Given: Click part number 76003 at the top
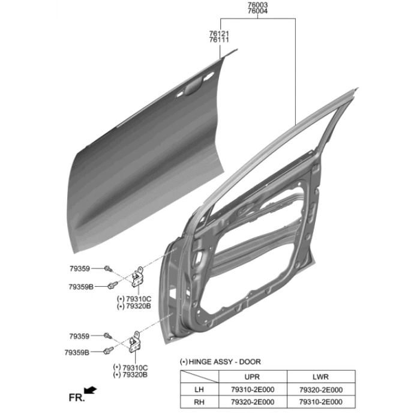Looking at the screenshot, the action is (x=257, y=5).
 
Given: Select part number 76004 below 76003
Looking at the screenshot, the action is (x=257, y=11).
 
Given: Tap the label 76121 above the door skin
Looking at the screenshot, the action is (x=219, y=34).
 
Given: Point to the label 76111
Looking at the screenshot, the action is (x=219, y=40).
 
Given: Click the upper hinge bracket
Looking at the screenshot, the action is (x=137, y=277).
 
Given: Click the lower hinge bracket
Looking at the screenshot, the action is (x=135, y=342).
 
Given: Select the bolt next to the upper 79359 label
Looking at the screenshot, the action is (x=108, y=268).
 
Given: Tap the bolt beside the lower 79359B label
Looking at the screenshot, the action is (x=108, y=350).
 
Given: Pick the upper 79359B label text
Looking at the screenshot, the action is (x=81, y=287).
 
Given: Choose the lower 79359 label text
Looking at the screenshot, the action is (x=79, y=336).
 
